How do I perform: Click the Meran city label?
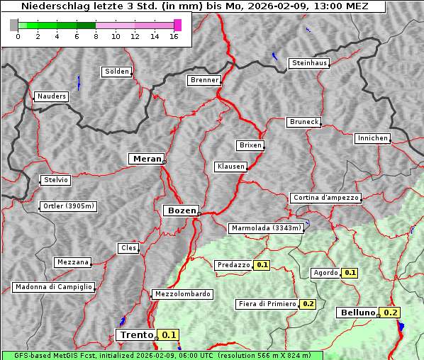click(146, 159)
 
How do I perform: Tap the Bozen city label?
click(180, 210)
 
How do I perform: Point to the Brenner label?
click(205, 80)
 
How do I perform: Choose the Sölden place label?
click(117, 72)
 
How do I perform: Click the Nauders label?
click(52, 96)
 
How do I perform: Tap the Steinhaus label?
click(310, 63)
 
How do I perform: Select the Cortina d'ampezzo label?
click(325, 198)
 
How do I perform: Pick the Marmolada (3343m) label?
click(267, 228)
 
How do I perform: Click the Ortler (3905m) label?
click(67, 207)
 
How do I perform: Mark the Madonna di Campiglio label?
click(53, 287)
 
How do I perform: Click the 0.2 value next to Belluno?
click(391, 313)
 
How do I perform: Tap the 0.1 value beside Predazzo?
click(262, 265)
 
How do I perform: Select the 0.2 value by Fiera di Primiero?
click(308, 304)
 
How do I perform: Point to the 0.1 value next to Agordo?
click(350, 273)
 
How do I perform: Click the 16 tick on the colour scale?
click(174, 36)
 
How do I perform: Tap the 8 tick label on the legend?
click(96, 36)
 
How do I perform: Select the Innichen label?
click(372, 138)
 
